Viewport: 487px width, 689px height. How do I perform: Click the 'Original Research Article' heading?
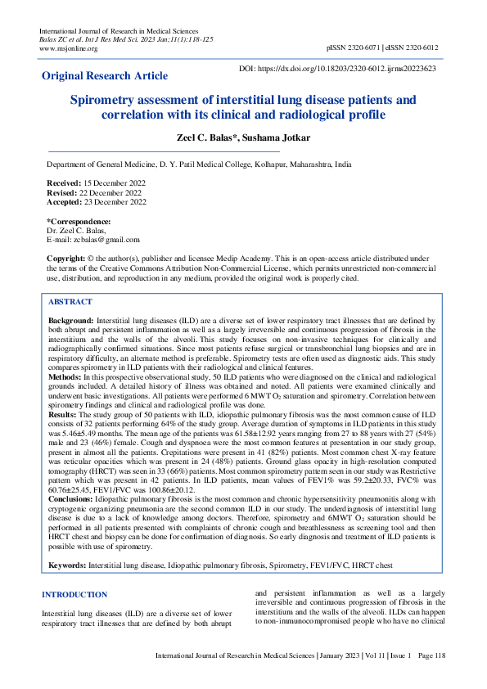[x=105, y=76]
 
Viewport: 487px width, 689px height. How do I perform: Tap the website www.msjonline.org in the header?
[x=68, y=48]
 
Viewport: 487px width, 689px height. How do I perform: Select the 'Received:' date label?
[x=64, y=183]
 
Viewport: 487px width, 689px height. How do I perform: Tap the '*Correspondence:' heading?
[x=79, y=222]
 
